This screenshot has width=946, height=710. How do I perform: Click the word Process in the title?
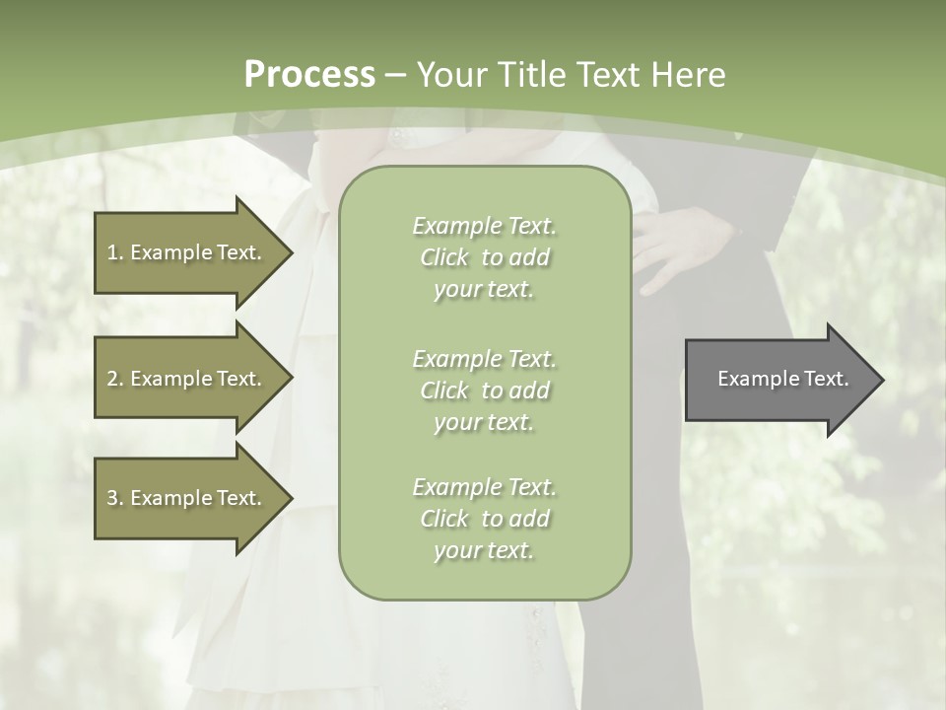309,75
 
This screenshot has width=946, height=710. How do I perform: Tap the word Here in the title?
689,75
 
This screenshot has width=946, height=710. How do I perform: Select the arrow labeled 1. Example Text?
187,252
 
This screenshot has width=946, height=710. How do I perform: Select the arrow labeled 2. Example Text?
187,379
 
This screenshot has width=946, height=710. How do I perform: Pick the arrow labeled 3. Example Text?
187,498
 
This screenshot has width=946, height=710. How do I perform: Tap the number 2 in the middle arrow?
111,379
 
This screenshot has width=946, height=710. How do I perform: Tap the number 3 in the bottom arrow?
111,498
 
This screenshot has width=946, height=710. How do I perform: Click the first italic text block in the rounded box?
484,257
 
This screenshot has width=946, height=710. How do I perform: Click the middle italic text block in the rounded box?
484,390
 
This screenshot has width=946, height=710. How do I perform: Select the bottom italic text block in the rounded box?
484,519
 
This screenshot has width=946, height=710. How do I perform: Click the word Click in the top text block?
444,258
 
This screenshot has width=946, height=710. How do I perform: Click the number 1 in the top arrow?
111,252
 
